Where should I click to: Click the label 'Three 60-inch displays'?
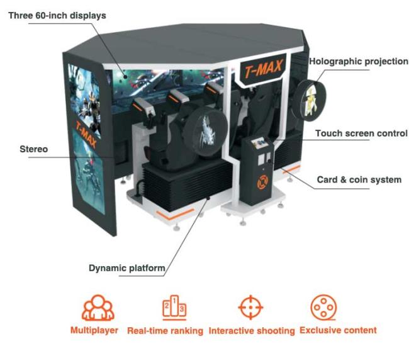pyautogui.click(x=57, y=16)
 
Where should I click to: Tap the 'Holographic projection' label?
pyautogui.click(x=359, y=62)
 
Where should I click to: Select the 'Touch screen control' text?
pyautogui.click(x=361, y=133)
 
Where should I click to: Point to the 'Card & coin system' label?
pyautogui.click(x=359, y=179)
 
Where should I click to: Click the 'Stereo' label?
pyautogui.click(x=34, y=149)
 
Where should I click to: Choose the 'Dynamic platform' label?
pyautogui.click(x=126, y=268)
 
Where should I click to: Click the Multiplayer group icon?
pyautogui.click(x=98, y=308)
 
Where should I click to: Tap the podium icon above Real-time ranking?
pyautogui.click(x=174, y=308)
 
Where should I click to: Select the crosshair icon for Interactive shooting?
pyautogui.click(x=250, y=307)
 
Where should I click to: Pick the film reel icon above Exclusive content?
pyautogui.click(x=323, y=308)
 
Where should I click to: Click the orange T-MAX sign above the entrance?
pyautogui.click(x=264, y=69)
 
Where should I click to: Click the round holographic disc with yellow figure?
pyautogui.click(x=309, y=101)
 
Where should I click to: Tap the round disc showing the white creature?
pyautogui.click(x=205, y=132)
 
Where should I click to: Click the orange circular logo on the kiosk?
pyautogui.click(x=262, y=182)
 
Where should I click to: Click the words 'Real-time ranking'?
pyautogui.click(x=165, y=331)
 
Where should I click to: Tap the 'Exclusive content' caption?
pyautogui.click(x=338, y=330)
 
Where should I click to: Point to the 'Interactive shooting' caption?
pyautogui.click(x=252, y=331)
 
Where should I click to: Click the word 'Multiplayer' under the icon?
pyautogui.click(x=94, y=330)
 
